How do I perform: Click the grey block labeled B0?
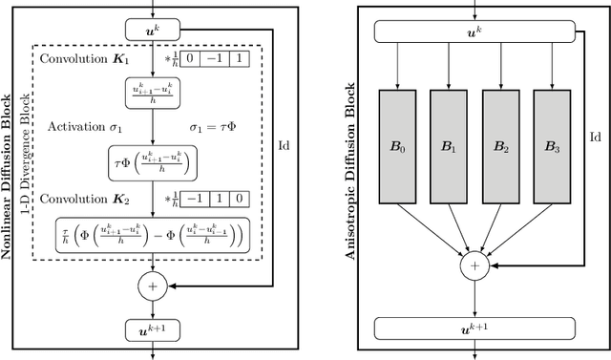397,146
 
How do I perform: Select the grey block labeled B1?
449,146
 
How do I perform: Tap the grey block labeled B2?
500,146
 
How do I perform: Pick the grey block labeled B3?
552,146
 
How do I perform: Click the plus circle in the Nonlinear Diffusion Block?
152,285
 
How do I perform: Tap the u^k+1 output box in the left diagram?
152,330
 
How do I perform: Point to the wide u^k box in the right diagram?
474,31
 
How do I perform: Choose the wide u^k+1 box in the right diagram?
474,329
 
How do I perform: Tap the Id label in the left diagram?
284,145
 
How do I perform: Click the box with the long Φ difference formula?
153,233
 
